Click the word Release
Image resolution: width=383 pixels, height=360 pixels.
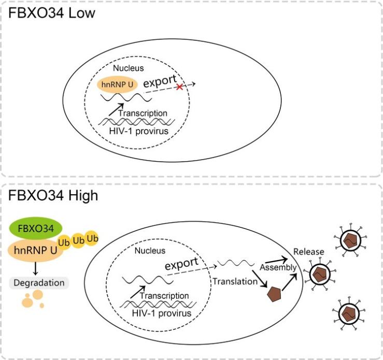click(308, 252)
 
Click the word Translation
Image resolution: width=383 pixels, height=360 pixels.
click(235, 281)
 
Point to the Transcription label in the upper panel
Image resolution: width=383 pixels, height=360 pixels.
click(143, 113)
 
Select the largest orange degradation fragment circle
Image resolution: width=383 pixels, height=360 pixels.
click(36, 295)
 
